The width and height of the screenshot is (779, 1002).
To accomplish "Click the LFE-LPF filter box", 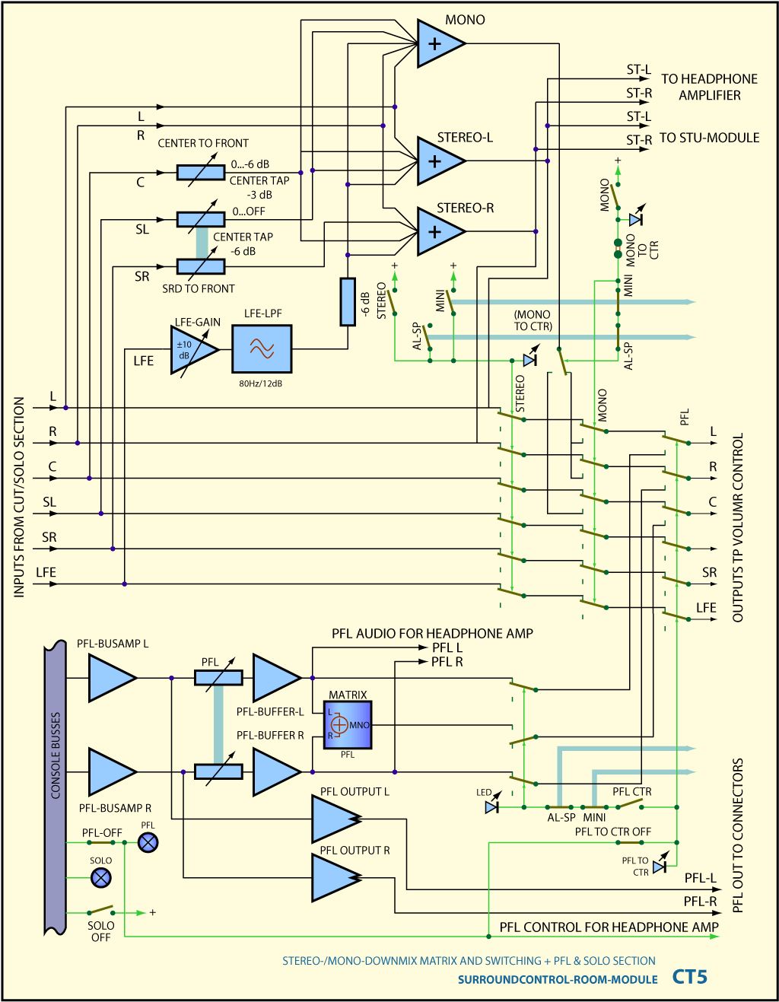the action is (262, 348).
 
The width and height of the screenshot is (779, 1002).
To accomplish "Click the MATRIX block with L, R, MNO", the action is (348, 725).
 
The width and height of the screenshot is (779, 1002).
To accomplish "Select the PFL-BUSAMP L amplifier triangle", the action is (113, 678).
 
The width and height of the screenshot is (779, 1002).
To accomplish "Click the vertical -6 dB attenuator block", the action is (348, 301).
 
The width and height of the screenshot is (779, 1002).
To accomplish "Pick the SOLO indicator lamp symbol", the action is (101, 877).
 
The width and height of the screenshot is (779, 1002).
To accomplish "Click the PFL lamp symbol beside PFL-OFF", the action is (148, 842).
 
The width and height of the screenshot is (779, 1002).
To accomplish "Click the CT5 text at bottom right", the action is (689, 976).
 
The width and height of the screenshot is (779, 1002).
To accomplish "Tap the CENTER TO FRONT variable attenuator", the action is (201, 173).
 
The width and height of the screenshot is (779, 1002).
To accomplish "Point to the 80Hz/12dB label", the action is (260, 383).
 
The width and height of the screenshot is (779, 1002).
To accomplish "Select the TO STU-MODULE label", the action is (710, 138).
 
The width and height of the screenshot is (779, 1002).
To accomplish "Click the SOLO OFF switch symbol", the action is (101, 910).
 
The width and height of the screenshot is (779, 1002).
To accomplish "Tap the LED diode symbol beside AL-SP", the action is (492, 807).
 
